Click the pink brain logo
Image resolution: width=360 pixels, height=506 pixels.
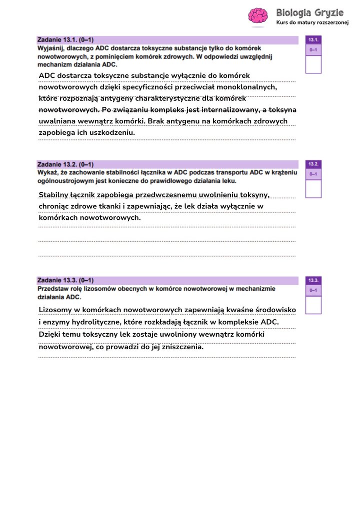(258, 15)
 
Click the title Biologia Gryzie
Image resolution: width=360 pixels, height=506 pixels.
(309, 12)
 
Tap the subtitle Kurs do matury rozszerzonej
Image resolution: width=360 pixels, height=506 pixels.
(312, 23)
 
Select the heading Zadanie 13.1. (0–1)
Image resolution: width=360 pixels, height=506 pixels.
(65, 39)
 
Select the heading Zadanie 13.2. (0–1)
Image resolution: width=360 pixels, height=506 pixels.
(65, 164)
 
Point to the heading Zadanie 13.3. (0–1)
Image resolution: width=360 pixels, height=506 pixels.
(65, 281)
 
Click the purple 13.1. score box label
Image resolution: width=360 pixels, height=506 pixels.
(313, 39)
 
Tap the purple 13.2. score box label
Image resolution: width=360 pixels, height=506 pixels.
(313, 164)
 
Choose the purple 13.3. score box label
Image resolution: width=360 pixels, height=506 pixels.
(313, 281)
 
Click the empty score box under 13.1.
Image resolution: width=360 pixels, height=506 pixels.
(313, 64)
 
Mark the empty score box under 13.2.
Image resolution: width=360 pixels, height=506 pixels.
(313, 189)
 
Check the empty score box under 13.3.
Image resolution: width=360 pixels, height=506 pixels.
(313, 305)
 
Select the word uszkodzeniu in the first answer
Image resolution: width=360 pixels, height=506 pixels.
(111, 133)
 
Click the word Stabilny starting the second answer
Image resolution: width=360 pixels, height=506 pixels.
(54, 194)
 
